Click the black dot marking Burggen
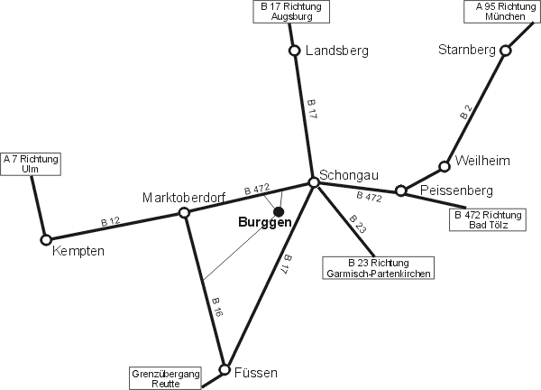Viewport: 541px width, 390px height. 279,211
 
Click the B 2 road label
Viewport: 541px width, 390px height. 466,112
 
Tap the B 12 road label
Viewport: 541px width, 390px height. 110,222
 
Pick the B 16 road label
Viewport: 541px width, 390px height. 217,307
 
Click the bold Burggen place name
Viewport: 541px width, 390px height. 265,222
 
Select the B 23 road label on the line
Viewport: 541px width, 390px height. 357,224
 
